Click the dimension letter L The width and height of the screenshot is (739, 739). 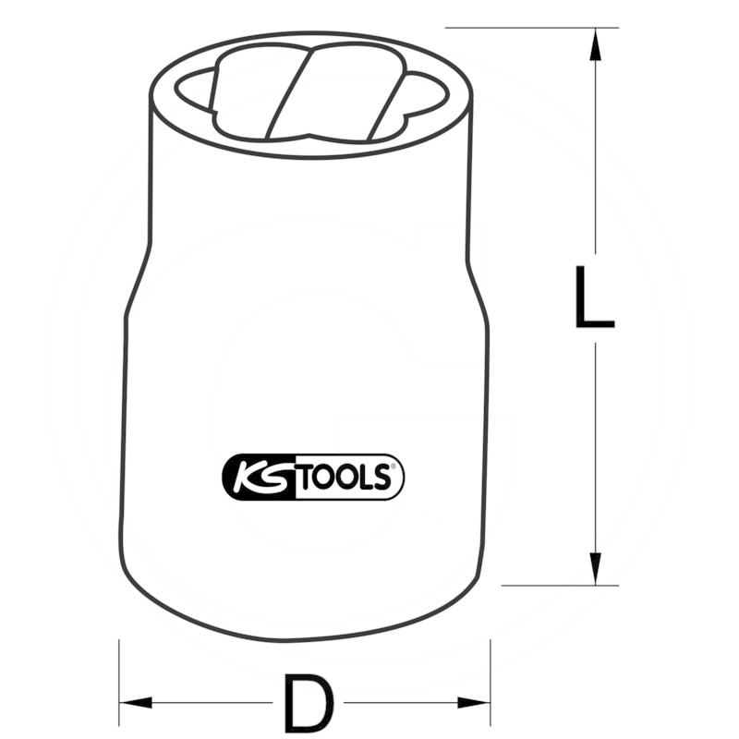593,297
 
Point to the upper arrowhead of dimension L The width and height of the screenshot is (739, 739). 593,41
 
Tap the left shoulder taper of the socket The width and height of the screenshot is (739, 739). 136,277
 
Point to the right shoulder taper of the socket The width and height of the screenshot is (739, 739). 473,277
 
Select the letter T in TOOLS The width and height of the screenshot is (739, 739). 306,477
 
